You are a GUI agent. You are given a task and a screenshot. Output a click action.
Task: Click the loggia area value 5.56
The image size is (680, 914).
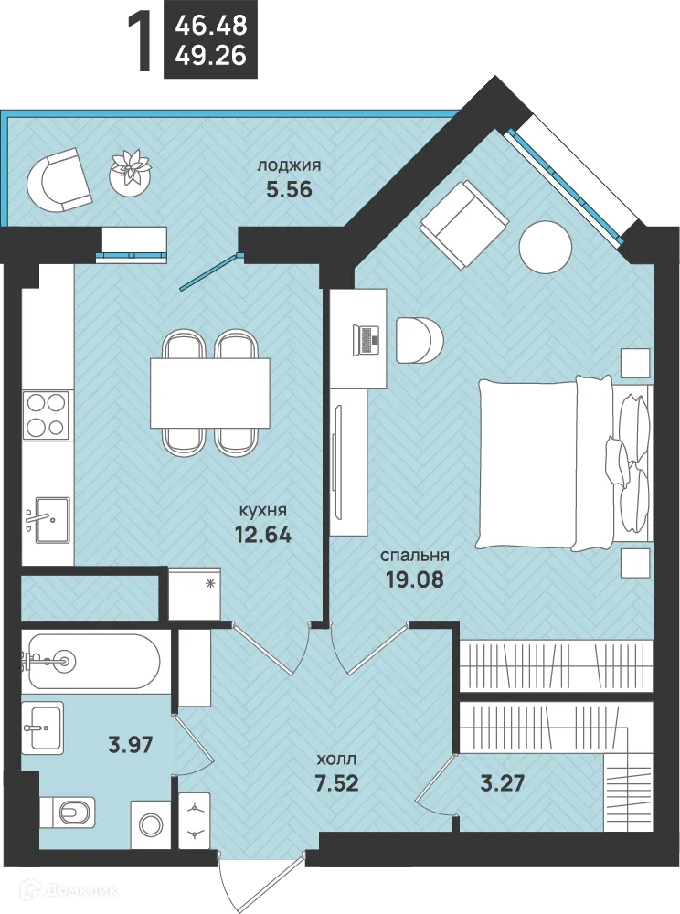[x=289, y=190]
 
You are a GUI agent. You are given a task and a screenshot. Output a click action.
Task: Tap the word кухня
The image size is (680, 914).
[x=263, y=511]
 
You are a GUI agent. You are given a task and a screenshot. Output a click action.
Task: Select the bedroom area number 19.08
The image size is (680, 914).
[x=414, y=579]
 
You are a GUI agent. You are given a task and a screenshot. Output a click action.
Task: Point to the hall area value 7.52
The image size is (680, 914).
[x=336, y=783]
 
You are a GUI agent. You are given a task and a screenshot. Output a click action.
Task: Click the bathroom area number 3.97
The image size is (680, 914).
[x=131, y=744]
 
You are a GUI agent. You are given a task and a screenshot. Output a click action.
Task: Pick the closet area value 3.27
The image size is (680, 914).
[x=503, y=783]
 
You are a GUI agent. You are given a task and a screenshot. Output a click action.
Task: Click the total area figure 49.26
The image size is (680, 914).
[x=211, y=56]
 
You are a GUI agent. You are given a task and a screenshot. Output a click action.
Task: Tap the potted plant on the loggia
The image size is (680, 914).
[x=131, y=171]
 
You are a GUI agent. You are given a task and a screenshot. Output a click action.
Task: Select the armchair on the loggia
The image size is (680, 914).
[x=59, y=180]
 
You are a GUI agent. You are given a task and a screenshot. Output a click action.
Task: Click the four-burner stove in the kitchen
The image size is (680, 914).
[x=46, y=414]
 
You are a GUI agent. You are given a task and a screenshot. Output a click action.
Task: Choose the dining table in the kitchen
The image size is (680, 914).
[x=210, y=393]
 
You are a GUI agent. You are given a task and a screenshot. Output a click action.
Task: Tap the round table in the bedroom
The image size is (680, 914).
[x=546, y=247]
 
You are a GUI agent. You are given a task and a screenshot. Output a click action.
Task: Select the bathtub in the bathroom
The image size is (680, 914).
[x=93, y=661]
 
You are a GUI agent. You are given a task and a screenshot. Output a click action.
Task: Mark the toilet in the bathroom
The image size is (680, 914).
[x=69, y=812]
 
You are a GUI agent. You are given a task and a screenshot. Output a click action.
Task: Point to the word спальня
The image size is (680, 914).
[x=415, y=556]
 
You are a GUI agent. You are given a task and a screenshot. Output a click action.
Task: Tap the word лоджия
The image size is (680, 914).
[x=289, y=166]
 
